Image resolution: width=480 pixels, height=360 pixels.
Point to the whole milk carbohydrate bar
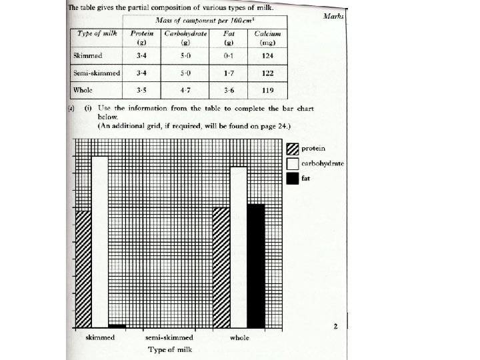(238, 247)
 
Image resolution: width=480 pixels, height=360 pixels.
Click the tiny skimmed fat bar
(117, 326)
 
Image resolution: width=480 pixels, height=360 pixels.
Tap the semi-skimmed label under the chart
(169, 338)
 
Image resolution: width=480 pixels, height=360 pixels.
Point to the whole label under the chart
(239, 338)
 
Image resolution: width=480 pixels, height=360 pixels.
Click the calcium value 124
(268, 55)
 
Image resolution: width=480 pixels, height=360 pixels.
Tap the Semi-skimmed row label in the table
(97, 72)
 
